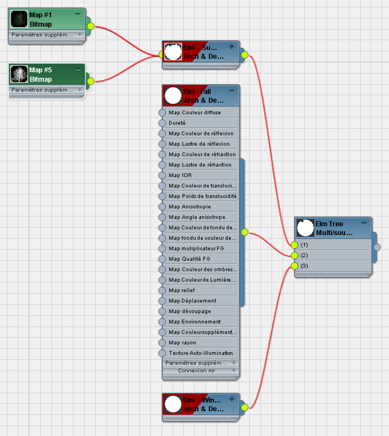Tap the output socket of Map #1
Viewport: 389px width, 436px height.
pyautogui.click(x=90, y=26)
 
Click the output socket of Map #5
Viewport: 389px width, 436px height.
pyautogui.click(x=90, y=81)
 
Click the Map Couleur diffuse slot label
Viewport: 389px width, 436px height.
pyautogui.click(x=194, y=113)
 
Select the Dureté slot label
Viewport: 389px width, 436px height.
pyautogui.click(x=177, y=123)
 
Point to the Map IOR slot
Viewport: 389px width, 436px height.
pyautogui.click(x=180, y=175)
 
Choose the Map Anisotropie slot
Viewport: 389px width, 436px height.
pyautogui.click(x=189, y=207)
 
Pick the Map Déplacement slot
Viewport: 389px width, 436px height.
pyautogui.click(x=192, y=301)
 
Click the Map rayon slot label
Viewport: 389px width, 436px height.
pyautogui.click(x=182, y=343)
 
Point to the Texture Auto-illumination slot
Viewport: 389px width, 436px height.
pyautogui.click(x=200, y=353)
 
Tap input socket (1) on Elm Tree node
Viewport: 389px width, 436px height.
pyautogui.click(x=294, y=245)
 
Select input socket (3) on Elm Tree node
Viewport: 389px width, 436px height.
pyautogui.click(x=294, y=266)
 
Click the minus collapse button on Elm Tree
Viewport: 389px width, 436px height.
pyautogui.click(x=364, y=223)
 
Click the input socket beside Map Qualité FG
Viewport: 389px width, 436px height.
pyautogui.click(x=163, y=259)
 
